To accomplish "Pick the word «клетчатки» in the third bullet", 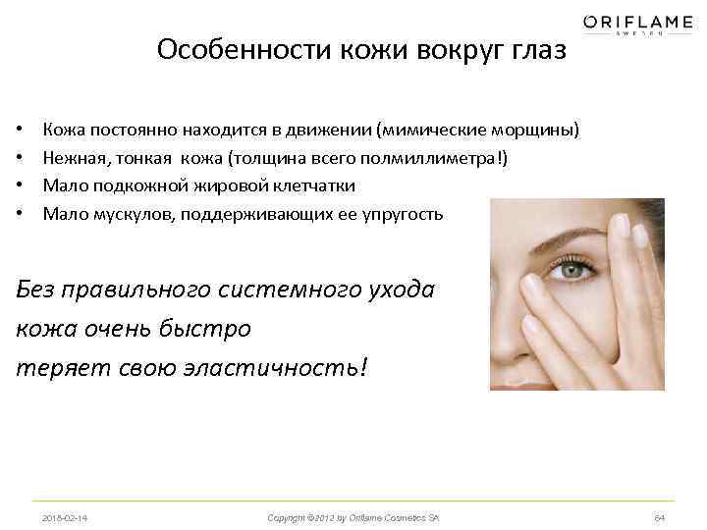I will (315, 185).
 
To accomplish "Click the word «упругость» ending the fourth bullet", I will (405, 213).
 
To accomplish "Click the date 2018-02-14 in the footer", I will (66, 517).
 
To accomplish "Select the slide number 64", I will (659, 517).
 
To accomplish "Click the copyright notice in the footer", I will (353, 517).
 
